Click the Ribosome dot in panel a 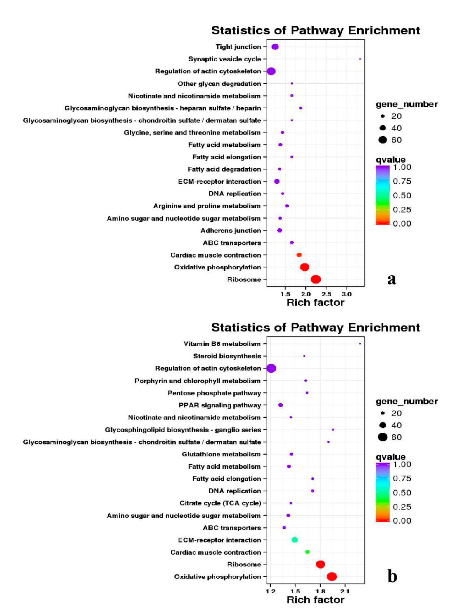[x=316, y=279]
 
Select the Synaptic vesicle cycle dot [x=360, y=59]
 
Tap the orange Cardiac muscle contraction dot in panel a [x=299, y=255]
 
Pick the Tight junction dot [x=275, y=47]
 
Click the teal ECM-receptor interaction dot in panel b [x=295, y=540]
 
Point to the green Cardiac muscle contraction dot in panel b [x=307, y=552]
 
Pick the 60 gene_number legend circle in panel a [x=383, y=140]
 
